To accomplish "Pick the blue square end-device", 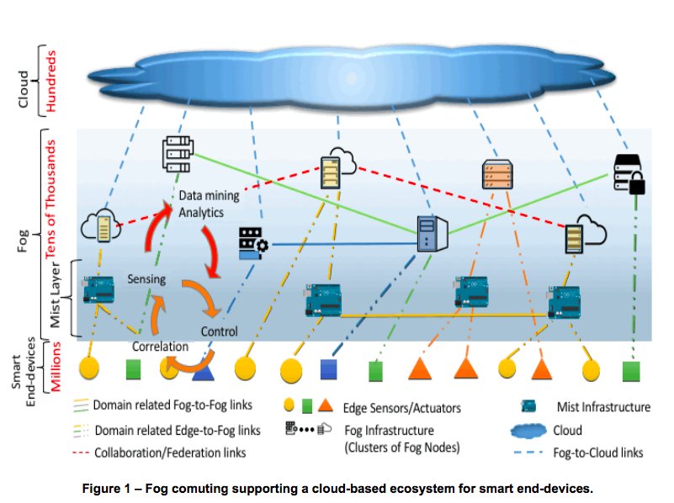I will tap(330, 368).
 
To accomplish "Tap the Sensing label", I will tap(146, 278).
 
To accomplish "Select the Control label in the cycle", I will tap(219, 331).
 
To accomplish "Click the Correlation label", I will tap(160, 346).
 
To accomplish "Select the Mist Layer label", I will tap(52, 294).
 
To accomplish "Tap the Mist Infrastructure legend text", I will tap(603, 407).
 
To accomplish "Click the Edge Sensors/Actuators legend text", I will tap(401, 408).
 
